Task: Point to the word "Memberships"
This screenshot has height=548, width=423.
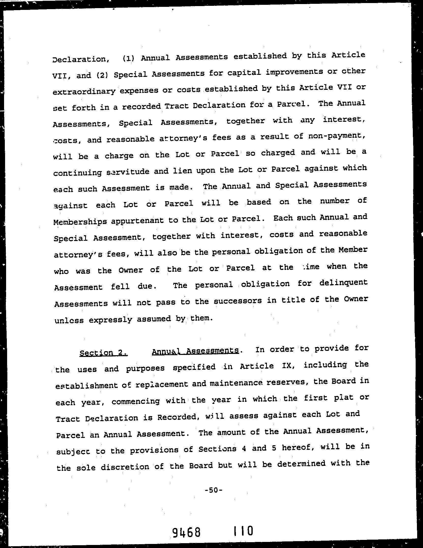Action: click(80, 222)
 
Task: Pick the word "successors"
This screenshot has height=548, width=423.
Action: click(234, 301)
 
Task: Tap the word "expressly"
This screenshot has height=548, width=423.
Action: click(111, 320)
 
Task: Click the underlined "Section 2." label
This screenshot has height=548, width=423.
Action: click(103, 353)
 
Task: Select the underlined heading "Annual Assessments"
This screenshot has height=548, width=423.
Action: click(195, 351)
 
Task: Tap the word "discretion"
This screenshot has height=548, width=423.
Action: click(125, 467)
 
